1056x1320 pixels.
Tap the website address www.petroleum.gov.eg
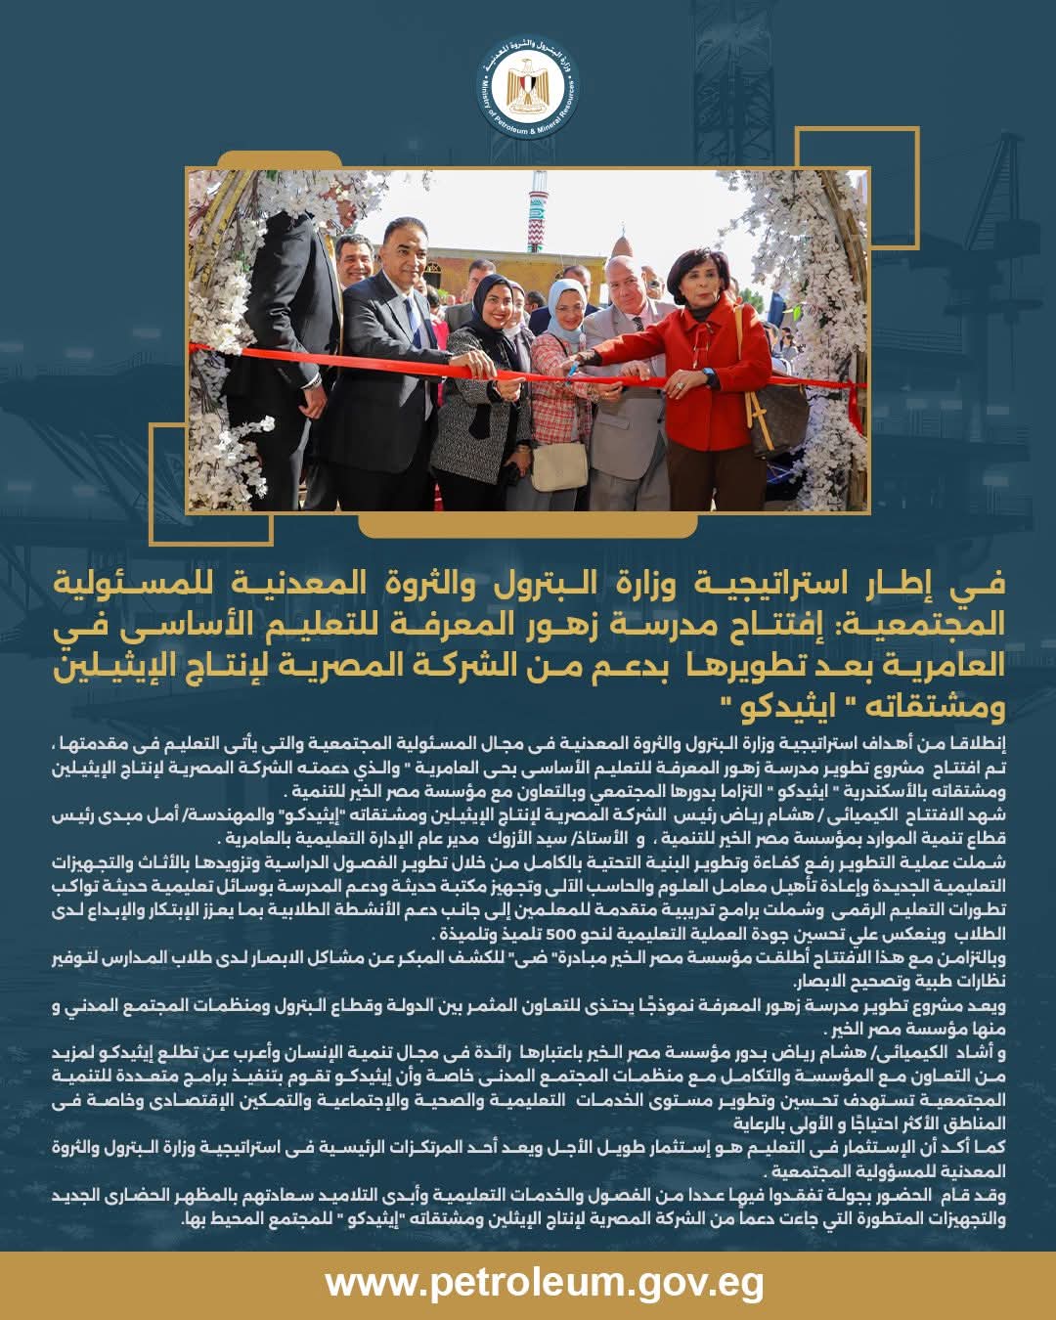[544, 1283]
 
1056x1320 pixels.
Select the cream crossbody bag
[558, 465]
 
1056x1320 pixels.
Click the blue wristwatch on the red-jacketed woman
[706, 375]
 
